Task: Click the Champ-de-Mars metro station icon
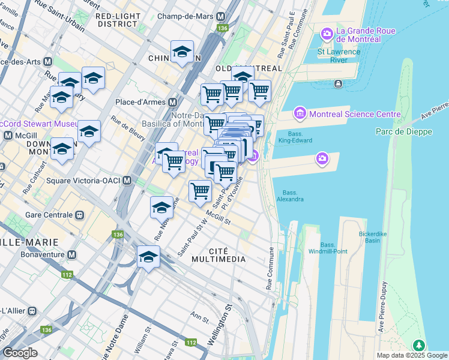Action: [x=221, y=17]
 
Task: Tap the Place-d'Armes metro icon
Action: [x=172, y=102]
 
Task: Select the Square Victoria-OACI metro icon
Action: [x=127, y=181]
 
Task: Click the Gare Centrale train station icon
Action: [x=79, y=215]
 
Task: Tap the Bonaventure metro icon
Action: [x=72, y=255]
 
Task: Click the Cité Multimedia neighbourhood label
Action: [x=218, y=254]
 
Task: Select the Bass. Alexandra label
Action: [x=290, y=196]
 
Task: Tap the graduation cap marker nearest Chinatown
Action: [x=182, y=52]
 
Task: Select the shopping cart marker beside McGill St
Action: [x=200, y=191]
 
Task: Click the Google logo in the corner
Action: [x=20, y=353]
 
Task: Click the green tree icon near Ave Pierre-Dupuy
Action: [x=418, y=345]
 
